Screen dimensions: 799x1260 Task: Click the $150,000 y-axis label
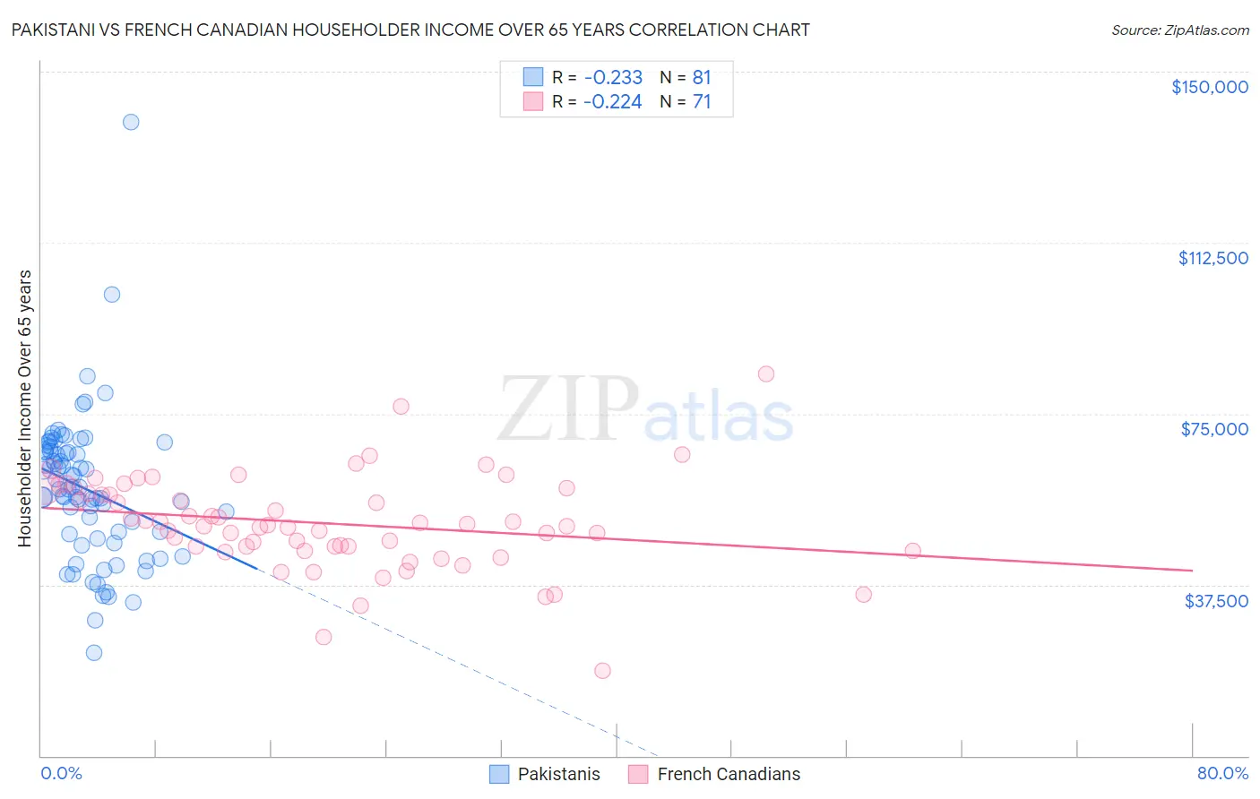(1209, 87)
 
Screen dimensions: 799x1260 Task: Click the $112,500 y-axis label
(1213, 258)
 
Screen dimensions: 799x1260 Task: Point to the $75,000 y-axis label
(1214, 429)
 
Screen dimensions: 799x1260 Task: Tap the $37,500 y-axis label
(1216, 601)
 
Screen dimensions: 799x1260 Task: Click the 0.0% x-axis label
(61, 773)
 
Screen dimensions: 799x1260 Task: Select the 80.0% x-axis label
(1222, 773)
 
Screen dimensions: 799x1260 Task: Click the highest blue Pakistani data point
(131, 122)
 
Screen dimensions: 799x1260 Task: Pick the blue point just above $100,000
(112, 295)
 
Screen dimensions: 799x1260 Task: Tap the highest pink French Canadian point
(766, 374)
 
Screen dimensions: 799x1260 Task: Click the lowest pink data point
(602, 671)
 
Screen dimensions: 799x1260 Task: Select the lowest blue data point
(94, 653)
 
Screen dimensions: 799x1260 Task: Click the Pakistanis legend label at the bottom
(558, 774)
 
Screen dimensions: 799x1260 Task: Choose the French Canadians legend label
(729, 774)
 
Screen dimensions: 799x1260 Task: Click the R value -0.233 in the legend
(613, 78)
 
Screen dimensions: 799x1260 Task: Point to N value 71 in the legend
(702, 102)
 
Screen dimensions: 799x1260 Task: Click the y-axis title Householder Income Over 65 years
(25, 408)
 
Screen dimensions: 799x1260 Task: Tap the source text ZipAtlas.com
(1179, 30)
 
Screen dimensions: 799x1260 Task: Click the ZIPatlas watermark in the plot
(645, 410)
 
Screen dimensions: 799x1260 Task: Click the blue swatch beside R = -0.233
(533, 77)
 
